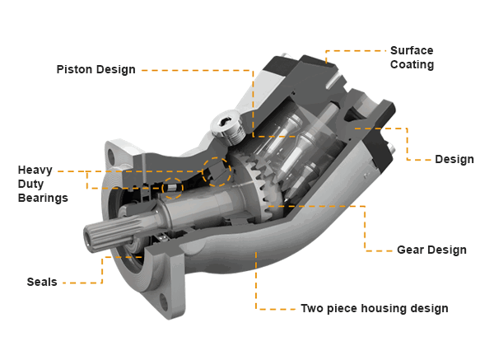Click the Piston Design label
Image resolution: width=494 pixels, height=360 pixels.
pos(96,69)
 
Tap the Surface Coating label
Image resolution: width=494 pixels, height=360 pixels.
pos(412,57)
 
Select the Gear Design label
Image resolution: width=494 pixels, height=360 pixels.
pos(431,250)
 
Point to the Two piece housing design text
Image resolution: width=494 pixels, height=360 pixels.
pos(375,309)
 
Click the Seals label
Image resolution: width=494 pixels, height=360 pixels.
pos(42,283)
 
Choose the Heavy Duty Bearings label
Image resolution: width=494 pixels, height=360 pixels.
pos(43,184)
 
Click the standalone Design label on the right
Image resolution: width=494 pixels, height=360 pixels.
pos(454,159)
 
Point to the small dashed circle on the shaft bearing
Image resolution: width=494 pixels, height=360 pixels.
pos(173,189)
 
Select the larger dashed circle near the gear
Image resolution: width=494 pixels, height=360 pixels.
pos(216,171)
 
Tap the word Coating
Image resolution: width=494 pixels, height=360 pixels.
pos(412,64)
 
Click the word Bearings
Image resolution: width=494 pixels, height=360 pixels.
pos(43,199)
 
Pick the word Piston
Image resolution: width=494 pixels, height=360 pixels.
pos(75,69)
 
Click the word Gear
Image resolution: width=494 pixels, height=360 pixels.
pos(412,250)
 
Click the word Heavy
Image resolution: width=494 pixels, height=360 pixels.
pos(36,170)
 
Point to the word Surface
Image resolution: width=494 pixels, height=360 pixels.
pos(412,49)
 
